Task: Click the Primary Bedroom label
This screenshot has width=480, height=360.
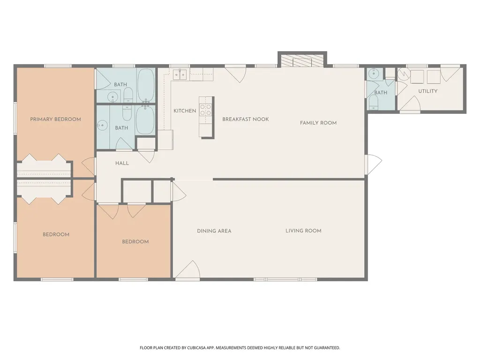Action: pyautogui.click(x=55, y=120)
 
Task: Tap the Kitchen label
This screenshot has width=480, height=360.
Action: pyautogui.click(x=185, y=111)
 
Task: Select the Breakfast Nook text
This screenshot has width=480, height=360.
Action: pyautogui.click(x=246, y=120)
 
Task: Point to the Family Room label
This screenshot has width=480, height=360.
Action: pyautogui.click(x=318, y=123)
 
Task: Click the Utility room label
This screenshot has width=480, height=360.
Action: pyautogui.click(x=428, y=91)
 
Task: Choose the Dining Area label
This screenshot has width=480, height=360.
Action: pyautogui.click(x=214, y=231)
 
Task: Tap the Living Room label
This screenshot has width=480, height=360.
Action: pyautogui.click(x=303, y=231)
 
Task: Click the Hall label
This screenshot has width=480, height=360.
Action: pyautogui.click(x=122, y=164)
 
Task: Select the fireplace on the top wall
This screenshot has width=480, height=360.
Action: pyautogui.click(x=302, y=60)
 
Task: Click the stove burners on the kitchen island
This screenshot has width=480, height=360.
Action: pyautogui.click(x=206, y=110)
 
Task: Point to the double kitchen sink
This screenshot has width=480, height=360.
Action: pyautogui.click(x=180, y=75)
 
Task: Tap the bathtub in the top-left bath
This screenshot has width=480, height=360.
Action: pyautogui.click(x=146, y=85)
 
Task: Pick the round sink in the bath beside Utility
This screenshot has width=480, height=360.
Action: pyautogui.click(x=373, y=74)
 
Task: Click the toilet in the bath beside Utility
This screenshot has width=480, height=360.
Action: pyautogui.click(x=374, y=102)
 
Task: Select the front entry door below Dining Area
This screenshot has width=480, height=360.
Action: pyautogui.click(x=187, y=270)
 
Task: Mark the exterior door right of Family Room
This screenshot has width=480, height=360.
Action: pyautogui.click(x=374, y=165)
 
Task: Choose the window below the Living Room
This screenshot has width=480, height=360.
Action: pyautogui.click(x=285, y=279)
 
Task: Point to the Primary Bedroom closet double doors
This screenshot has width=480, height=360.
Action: pyautogui.click(x=45, y=157)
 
